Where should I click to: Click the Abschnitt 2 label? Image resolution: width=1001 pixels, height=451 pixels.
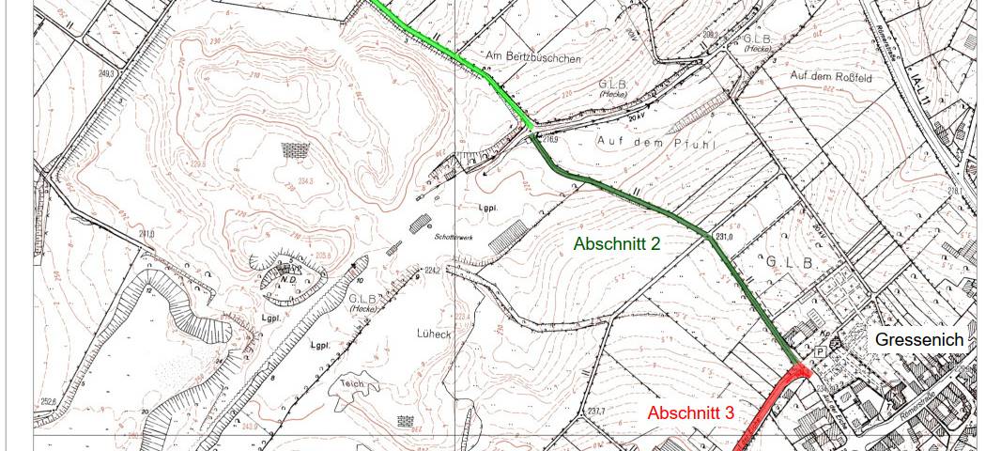tap(618, 243)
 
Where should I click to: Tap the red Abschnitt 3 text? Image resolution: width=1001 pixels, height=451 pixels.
tap(690, 412)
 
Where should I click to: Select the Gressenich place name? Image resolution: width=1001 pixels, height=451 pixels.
tap(919, 339)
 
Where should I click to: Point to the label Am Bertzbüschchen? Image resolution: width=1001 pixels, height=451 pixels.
tap(533, 58)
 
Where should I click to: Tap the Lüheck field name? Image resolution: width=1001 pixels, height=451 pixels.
tap(431, 333)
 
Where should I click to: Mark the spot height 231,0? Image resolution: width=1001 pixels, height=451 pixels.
tap(723, 237)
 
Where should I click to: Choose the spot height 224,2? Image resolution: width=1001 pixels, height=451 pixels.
tap(432, 271)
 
